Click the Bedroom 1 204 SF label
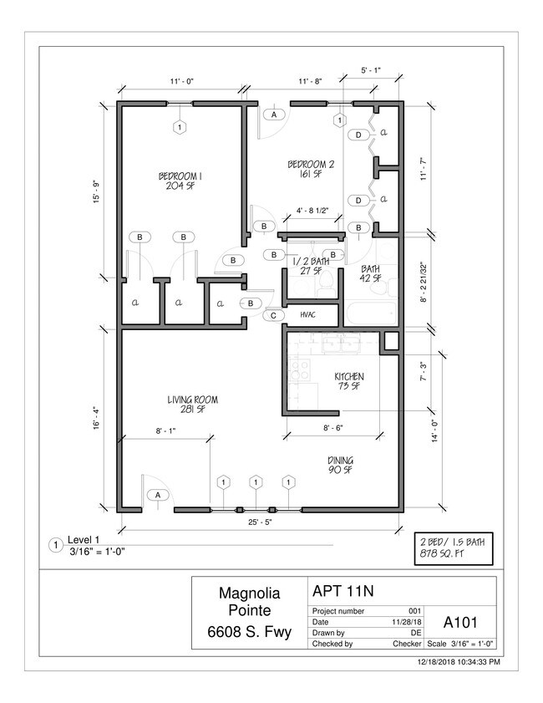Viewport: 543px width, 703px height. point(180,181)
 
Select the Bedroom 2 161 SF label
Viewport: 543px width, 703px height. point(311,169)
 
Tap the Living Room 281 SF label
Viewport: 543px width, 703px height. point(192,405)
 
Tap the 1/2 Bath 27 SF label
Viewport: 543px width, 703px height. point(310,266)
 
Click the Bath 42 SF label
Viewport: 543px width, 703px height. point(371,273)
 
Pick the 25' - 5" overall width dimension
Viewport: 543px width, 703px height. point(264,523)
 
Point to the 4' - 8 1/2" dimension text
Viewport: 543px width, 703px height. point(317,211)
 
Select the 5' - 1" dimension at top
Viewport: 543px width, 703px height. point(371,70)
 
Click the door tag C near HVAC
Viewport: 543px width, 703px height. point(273,315)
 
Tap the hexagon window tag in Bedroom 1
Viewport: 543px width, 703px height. point(179,127)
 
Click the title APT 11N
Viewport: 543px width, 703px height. point(343,591)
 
